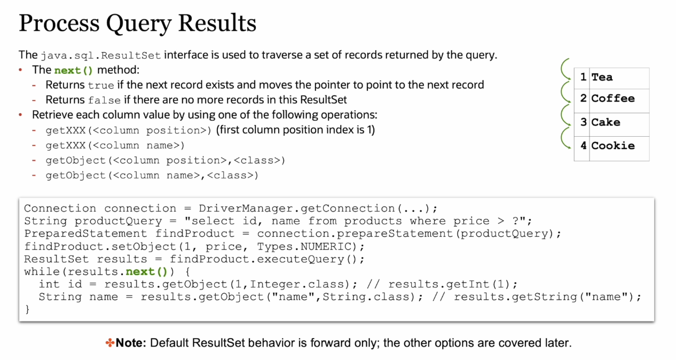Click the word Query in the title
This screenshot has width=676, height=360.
coord(139,24)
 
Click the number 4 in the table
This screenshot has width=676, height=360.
coord(583,146)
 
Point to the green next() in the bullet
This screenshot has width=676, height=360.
coord(74,71)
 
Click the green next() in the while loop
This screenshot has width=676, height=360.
coord(146,272)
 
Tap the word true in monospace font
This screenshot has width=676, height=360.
coord(101,85)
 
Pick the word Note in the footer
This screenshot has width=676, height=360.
coord(131,343)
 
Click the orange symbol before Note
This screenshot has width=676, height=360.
coord(110,343)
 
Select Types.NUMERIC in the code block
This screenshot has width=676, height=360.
coord(304,247)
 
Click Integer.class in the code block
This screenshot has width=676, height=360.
coord(297,285)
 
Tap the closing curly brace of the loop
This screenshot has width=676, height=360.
coord(27,309)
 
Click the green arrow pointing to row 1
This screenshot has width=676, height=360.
coord(564,69)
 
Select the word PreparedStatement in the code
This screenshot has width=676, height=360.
coord(85,234)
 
